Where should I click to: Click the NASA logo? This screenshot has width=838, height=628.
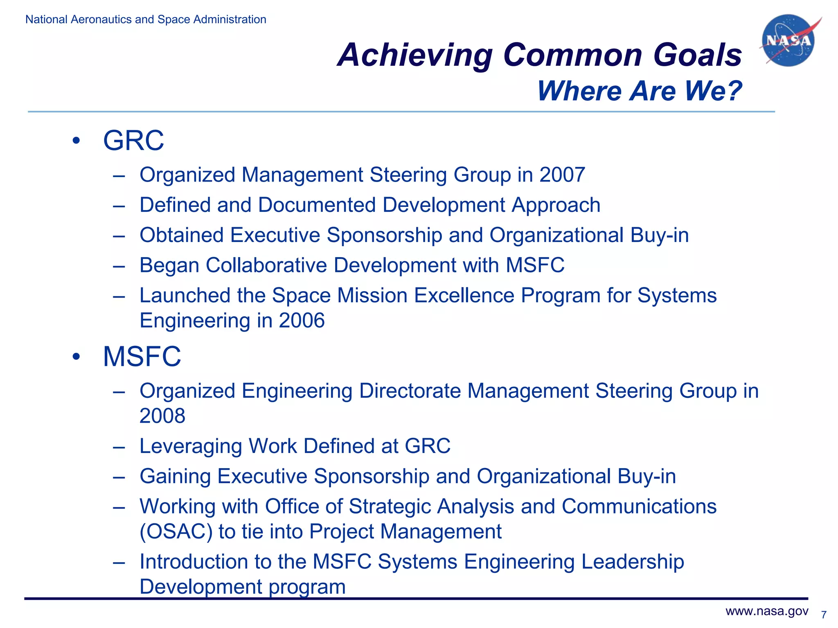(x=788, y=40)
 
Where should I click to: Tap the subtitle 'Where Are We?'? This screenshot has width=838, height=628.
(x=639, y=91)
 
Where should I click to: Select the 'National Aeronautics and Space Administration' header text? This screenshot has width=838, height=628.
(x=146, y=19)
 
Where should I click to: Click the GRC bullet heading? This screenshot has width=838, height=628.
(x=133, y=141)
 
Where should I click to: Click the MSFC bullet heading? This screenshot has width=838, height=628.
(x=142, y=357)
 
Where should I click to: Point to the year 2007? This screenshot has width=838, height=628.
(x=562, y=175)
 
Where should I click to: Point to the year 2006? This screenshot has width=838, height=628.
(x=302, y=321)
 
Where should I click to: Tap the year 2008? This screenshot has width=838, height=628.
(x=162, y=416)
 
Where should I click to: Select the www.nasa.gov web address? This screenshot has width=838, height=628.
(x=767, y=611)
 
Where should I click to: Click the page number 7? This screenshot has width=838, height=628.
(x=824, y=615)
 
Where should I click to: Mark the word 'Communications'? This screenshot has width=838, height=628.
(x=639, y=507)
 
